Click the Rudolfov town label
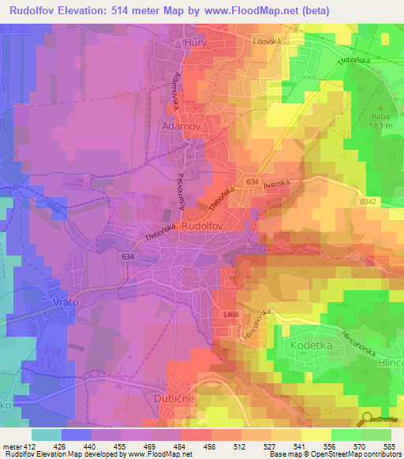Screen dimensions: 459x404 [204, 226]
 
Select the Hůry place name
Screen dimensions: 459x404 [195, 44]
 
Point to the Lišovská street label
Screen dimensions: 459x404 [267, 39]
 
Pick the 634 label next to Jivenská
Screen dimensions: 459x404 [252, 182]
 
